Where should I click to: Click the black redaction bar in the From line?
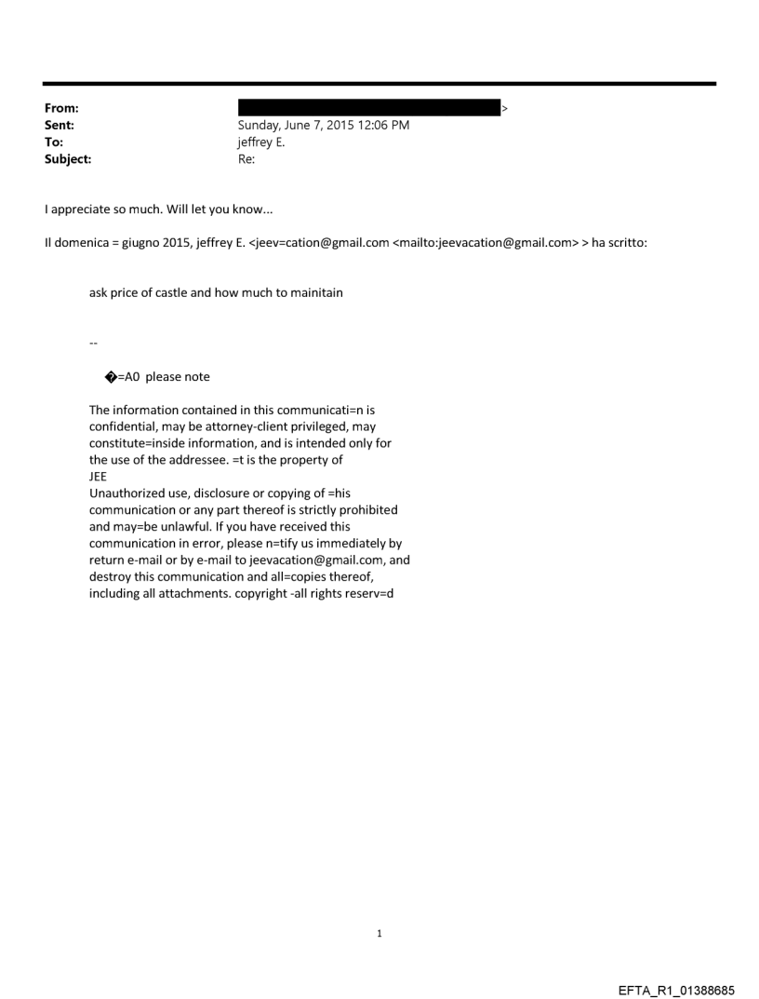click(x=369, y=109)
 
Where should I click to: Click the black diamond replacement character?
click(x=111, y=377)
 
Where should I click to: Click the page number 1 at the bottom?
click(x=379, y=933)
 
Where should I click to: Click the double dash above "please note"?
click(x=93, y=343)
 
